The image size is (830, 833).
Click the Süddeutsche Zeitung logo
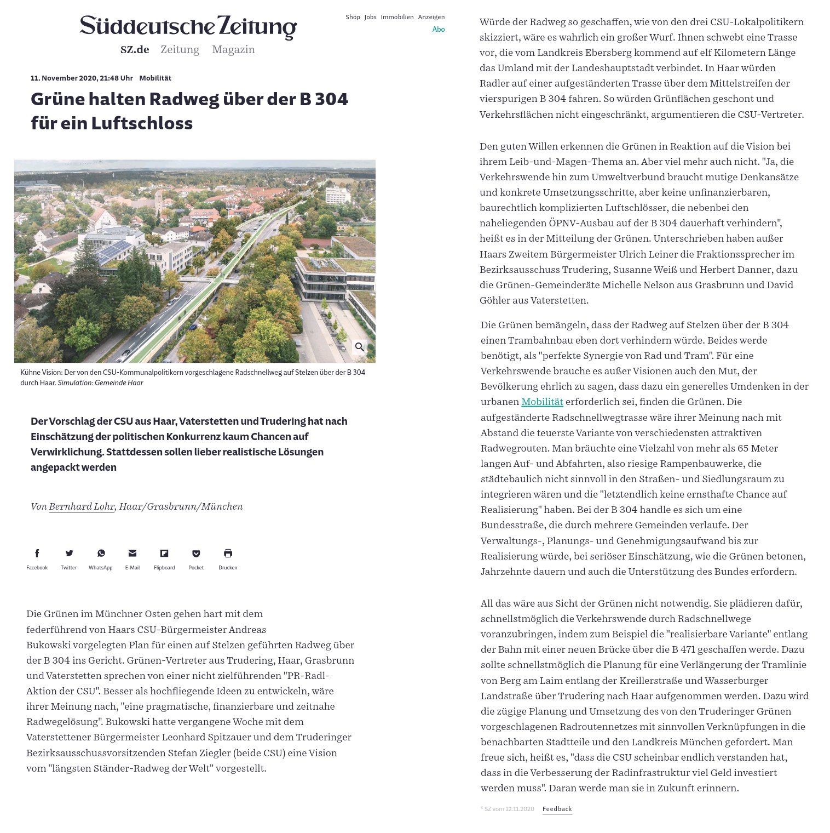pos(188,27)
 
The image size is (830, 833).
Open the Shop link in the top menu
pos(353,17)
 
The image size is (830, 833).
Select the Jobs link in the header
pos(371,17)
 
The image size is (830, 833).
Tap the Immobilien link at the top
pos(397,17)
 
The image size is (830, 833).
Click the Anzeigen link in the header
pos(431,17)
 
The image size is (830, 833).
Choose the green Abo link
pos(439,30)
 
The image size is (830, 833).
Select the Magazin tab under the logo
pos(233,50)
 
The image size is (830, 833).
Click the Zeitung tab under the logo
pos(180,50)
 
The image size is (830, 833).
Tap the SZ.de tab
pos(135,50)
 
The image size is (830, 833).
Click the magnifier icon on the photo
pos(360,347)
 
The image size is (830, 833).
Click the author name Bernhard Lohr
pos(82,506)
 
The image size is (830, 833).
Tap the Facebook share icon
pos(37,554)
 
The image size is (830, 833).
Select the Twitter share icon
pos(69,554)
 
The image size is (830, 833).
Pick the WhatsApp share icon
pos(101,554)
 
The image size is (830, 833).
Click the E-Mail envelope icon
pos(132,554)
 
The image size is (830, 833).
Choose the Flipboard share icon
pos(164,554)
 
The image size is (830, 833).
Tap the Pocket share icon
pos(196,554)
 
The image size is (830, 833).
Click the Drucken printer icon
pos(228,554)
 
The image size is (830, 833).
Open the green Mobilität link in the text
pos(542,402)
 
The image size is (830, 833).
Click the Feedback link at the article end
pos(557,809)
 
